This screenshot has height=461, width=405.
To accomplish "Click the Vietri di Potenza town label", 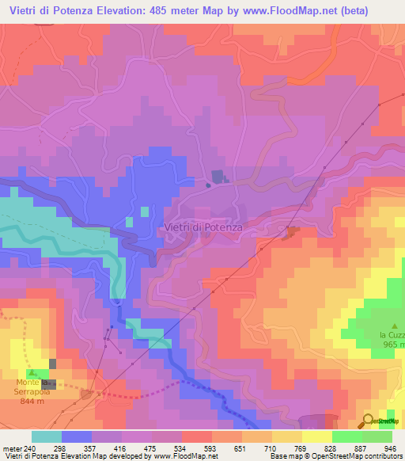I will pyautogui.click(x=203, y=227).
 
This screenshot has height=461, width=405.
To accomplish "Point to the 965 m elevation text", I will pyautogui.click(x=393, y=345).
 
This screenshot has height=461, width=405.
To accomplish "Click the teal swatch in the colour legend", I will pyautogui.click(x=46, y=436).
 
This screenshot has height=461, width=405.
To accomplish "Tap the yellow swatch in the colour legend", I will pyautogui.click(x=317, y=436).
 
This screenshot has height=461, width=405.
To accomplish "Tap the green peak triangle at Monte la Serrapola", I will pyautogui.click(x=32, y=371).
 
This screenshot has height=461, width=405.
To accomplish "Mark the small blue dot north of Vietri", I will pyautogui.click(x=208, y=185).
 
